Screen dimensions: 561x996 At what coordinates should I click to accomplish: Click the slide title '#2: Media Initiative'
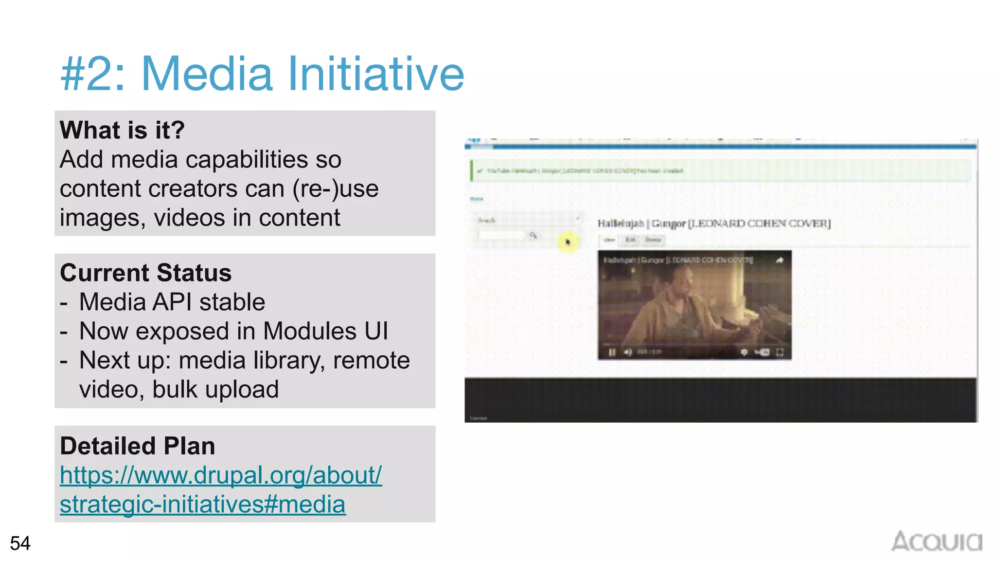(262, 74)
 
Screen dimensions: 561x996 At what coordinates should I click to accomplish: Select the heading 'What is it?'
(122, 130)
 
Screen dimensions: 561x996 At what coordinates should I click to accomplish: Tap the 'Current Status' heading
(145, 273)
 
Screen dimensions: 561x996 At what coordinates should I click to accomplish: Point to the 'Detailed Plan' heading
(137, 446)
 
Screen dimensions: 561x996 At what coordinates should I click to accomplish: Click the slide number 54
(20, 543)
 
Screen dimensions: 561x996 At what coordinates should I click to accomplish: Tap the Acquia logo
(936, 542)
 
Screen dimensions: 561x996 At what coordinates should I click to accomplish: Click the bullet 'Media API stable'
(172, 302)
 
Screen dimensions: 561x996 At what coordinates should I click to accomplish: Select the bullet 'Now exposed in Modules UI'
(233, 331)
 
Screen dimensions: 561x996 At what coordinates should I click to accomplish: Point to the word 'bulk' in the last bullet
(175, 390)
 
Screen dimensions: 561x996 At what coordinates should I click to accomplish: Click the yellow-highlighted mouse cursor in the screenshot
(568, 242)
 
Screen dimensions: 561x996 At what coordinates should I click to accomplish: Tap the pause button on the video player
(612, 352)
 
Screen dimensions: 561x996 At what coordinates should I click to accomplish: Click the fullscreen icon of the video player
(780, 352)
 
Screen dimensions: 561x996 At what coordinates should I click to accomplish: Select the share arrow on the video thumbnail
(780, 260)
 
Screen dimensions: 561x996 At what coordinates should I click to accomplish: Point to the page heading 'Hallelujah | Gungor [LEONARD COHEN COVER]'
(714, 224)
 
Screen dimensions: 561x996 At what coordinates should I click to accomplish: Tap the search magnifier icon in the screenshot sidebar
(533, 236)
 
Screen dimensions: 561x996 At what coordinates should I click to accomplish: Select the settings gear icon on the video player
(744, 352)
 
